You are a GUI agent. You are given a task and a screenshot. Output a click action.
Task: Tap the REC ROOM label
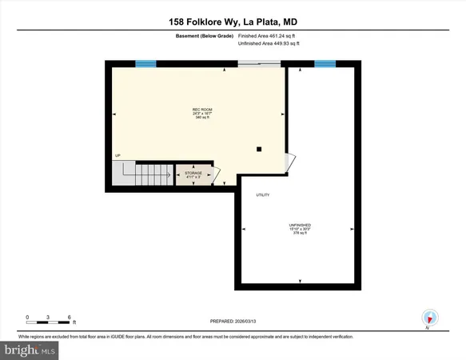pos(201,110)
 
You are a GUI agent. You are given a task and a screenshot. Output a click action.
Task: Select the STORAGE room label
pos(193,173)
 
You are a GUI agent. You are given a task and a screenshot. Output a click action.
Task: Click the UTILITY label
pos(262,195)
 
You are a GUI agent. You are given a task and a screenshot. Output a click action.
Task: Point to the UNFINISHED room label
pos(300,226)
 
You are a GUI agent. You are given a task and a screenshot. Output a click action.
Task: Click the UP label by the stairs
pos(117,155)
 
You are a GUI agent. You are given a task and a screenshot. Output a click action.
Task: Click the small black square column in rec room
pos(258,149)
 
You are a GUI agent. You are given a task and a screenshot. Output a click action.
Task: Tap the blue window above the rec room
pos(145,64)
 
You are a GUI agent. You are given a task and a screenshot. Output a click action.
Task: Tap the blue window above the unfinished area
pos(325,64)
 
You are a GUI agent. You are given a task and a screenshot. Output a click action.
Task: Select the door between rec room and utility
pos(291,162)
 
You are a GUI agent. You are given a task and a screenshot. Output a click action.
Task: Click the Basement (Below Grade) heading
pos(204,35)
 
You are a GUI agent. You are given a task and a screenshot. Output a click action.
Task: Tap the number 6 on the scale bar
pos(70,318)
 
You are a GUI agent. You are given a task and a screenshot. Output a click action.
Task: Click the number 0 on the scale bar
pos(27,318)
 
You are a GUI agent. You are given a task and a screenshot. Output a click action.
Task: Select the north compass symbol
pos(429,318)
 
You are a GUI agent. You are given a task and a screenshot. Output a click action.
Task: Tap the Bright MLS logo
pos(30,350)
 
